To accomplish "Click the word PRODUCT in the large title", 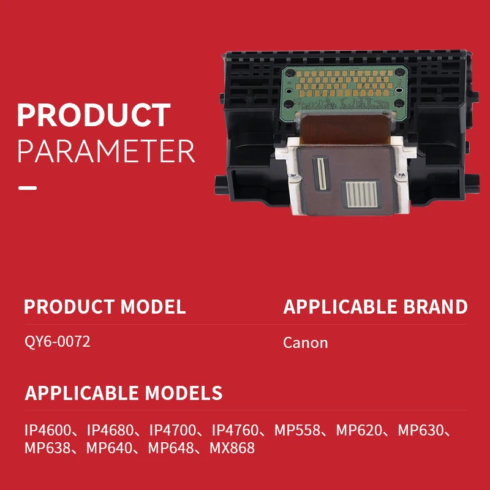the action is coord(94,115).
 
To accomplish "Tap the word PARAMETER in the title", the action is coord(106,151).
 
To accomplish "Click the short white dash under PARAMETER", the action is coord(28,188).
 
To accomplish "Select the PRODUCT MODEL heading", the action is coord(105,307).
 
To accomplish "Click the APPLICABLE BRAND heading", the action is coord(375,307).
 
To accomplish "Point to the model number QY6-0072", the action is coord(58,341).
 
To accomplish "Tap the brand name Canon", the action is coord(305,343).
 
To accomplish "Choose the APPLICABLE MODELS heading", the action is coord(124,393).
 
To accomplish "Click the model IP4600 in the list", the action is coord(48,431).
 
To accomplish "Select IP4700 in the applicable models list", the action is coord(173,431).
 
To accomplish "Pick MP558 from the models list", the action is coord(297,431).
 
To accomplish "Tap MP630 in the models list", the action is coord(421,431).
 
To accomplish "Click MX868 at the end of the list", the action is coord(232,448).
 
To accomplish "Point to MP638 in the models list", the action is coord(48,448).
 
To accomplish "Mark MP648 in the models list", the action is coord(171,448).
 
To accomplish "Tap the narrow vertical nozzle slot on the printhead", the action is coord(322,174).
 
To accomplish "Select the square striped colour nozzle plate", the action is coord(362,194).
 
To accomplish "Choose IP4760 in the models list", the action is coord(235,431).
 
